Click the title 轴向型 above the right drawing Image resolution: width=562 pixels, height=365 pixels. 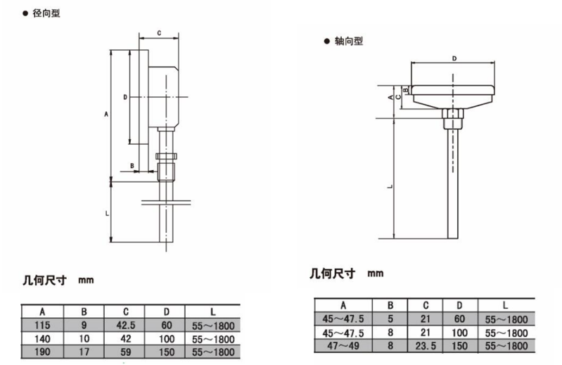coord(347,41)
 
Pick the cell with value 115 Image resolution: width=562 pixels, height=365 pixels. coord(42,326)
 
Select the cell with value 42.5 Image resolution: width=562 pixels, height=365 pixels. coord(124,326)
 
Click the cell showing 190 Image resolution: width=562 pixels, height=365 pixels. coord(42,350)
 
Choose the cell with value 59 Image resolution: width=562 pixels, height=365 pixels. coord(124,350)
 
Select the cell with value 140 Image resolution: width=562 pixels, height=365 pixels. coord(42,338)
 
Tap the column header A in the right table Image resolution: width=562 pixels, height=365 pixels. coord(343,305)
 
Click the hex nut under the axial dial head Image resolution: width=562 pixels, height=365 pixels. coord(452,113)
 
